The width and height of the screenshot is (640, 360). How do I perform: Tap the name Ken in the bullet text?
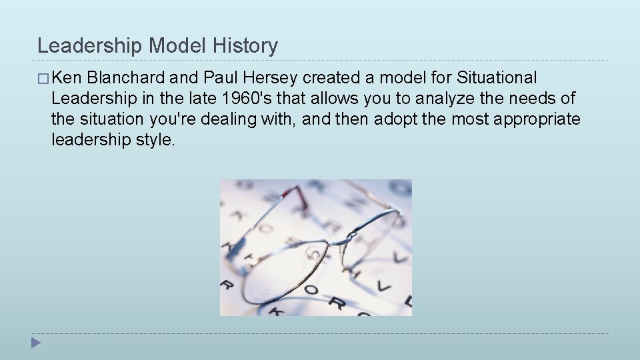[x=65, y=78]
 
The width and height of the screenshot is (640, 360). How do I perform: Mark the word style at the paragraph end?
[x=157, y=140]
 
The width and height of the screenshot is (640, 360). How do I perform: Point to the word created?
[x=333, y=78]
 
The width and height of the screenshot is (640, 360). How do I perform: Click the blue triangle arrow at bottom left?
[x=36, y=344]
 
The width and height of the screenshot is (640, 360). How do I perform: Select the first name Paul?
[x=218, y=78]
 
